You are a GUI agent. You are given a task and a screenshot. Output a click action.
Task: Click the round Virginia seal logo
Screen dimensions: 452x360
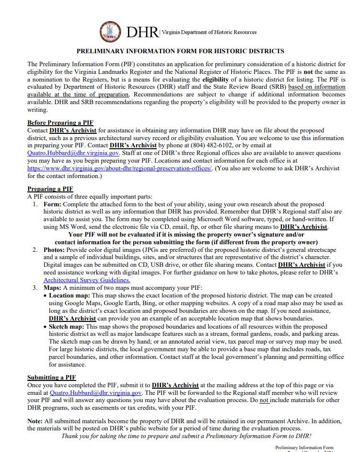click(x=110, y=32)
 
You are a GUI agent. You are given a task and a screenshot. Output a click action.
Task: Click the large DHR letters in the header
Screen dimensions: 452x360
click(x=141, y=33)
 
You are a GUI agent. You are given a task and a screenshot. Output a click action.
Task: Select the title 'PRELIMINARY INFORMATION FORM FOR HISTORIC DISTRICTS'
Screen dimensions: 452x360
click(x=180, y=51)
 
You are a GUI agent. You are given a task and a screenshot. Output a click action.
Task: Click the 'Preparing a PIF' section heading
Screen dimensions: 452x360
click(x=50, y=189)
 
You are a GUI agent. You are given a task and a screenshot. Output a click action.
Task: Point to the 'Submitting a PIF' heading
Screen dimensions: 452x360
click(x=51, y=378)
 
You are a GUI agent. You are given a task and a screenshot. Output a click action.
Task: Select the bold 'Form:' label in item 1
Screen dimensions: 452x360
click(x=53, y=204)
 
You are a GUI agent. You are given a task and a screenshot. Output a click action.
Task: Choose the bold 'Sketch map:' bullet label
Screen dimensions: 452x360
click(x=67, y=326)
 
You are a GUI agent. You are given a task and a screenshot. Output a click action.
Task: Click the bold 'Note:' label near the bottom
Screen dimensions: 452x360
click(x=36, y=421)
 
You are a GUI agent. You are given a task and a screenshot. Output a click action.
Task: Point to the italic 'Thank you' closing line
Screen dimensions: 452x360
click(x=186, y=436)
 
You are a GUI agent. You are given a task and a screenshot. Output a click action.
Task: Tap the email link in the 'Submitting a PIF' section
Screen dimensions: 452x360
click(x=103, y=393)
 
